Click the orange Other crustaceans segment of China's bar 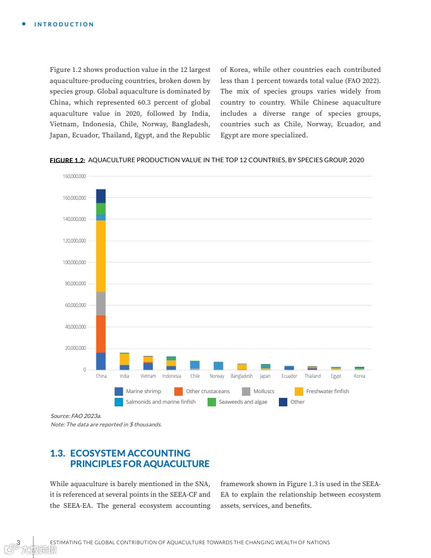point(101,334)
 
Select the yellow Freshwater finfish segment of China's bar point(101,256)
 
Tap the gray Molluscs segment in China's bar point(101,303)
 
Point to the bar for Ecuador point(289,368)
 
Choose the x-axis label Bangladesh point(241,376)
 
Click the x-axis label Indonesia point(172,376)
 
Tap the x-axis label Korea point(359,376)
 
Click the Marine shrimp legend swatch point(119,392)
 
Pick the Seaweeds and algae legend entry point(243,402)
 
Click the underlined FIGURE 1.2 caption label point(68,160)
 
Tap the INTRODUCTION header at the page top point(64,24)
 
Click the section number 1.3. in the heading point(58,453)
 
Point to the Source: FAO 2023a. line point(76,416)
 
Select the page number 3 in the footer point(18,543)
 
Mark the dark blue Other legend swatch point(283,402)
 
